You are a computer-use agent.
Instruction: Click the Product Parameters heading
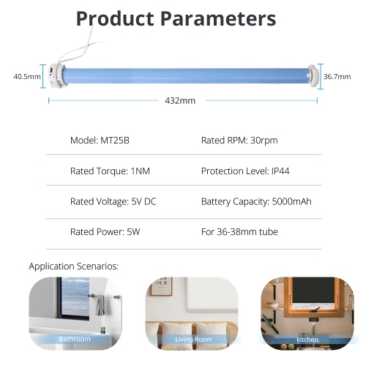[176, 18]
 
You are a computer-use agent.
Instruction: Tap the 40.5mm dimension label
[27, 76]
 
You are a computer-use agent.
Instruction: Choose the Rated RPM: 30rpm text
[239, 140]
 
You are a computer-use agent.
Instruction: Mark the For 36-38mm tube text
[239, 232]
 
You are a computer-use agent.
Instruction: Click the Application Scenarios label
[73, 266]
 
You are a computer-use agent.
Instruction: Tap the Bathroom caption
[75, 340]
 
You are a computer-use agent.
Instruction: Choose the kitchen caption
[307, 340]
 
